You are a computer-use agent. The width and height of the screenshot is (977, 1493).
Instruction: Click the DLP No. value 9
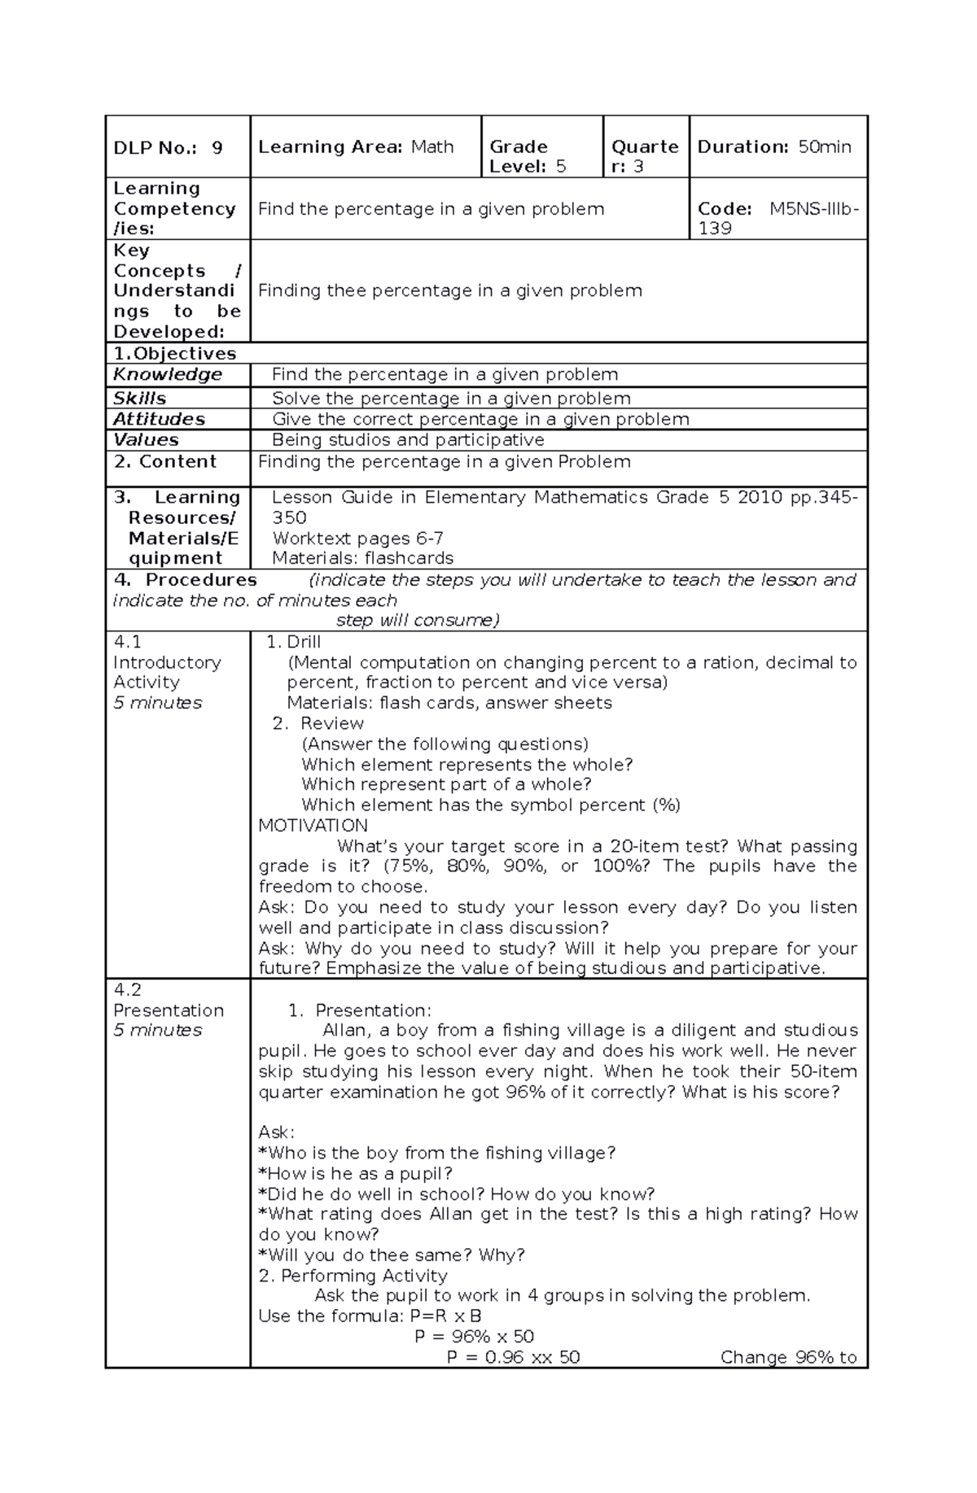coord(217,148)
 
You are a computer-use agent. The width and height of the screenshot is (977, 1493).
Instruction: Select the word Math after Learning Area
coord(432,147)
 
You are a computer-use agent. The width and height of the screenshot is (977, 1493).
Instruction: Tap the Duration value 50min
coord(824,147)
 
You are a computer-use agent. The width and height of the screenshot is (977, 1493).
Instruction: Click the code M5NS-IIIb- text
coord(814,209)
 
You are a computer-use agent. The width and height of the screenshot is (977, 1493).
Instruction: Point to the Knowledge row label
coord(168,374)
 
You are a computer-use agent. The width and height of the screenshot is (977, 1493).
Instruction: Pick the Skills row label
coord(139,399)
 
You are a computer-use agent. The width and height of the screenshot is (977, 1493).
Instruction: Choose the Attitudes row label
coord(159,419)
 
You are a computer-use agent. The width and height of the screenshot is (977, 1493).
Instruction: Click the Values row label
coord(146,440)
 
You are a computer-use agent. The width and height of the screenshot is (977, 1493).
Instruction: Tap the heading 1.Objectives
coord(175,354)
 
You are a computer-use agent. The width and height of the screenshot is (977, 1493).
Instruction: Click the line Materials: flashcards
coord(362,558)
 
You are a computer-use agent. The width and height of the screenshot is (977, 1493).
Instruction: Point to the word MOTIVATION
coord(313,826)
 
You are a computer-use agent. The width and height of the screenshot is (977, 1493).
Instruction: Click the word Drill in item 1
coord(304,642)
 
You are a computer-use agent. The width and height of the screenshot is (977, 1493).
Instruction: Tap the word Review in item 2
coord(331,723)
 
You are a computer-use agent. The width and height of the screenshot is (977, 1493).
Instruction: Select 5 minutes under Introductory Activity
coord(157,703)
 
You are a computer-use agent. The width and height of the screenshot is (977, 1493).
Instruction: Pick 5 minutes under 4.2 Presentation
coord(157,1030)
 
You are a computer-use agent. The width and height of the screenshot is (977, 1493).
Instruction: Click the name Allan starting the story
coord(345,1031)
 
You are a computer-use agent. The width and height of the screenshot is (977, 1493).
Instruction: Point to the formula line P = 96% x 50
coord(474,1337)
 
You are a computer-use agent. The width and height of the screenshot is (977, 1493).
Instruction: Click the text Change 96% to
coord(788,1357)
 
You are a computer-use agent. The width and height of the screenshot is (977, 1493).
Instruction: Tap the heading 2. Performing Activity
coord(353,1276)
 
